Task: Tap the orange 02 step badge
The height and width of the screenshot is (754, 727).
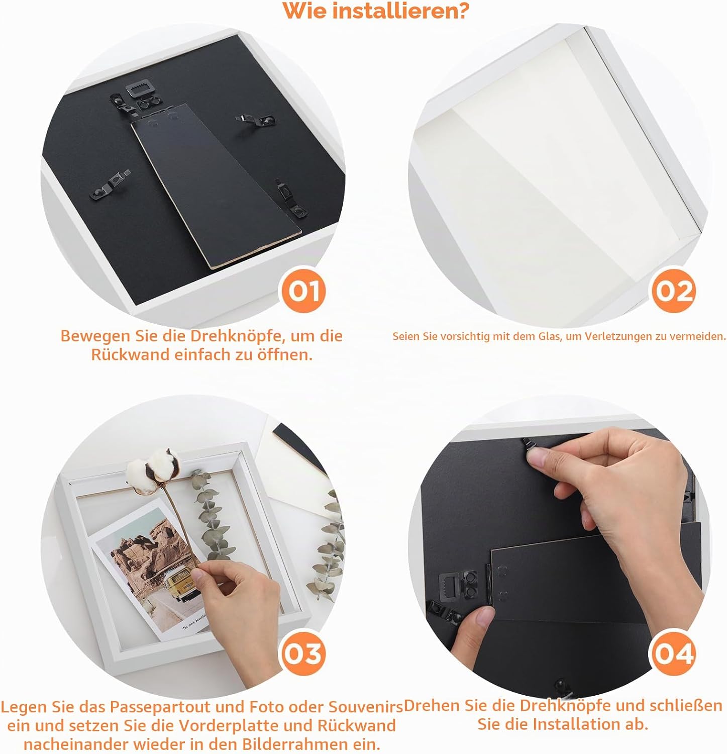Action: pos(674,291)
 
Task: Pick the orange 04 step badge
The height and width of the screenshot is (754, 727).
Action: pos(674,653)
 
